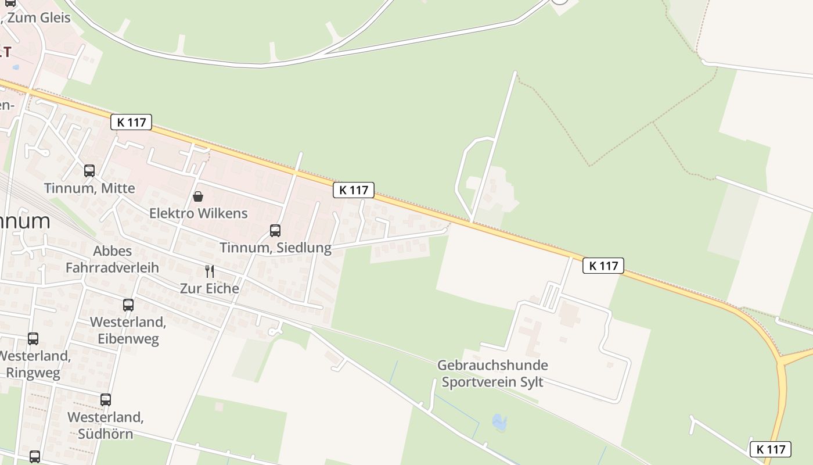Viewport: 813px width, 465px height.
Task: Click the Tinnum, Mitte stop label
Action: click(89, 188)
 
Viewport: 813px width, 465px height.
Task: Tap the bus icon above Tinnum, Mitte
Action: click(89, 171)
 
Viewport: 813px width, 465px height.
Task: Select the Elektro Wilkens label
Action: click(199, 213)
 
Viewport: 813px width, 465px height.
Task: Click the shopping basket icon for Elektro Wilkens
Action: click(198, 196)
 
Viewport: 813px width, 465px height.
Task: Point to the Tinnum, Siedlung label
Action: click(275, 248)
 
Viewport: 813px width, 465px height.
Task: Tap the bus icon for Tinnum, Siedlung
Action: click(275, 231)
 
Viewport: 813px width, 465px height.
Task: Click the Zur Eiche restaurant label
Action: click(209, 288)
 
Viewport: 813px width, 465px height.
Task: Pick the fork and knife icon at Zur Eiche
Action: click(210, 271)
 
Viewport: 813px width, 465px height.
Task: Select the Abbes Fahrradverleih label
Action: click(112, 259)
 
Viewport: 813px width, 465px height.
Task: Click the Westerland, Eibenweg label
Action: click(128, 330)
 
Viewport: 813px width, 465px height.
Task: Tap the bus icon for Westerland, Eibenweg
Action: click(128, 305)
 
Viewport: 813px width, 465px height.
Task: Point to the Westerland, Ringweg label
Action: click(34, 364)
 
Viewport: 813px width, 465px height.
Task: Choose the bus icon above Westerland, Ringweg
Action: click(33, 339)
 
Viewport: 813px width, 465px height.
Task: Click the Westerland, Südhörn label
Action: click(106, 425)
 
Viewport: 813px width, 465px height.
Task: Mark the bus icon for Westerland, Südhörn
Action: click(105, 400)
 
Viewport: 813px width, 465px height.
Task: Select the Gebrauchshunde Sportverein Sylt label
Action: click(492, 374)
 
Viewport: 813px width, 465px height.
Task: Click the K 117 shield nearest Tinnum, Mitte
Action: click(131, 122)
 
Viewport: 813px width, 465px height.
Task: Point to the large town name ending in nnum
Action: click(26, 221)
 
